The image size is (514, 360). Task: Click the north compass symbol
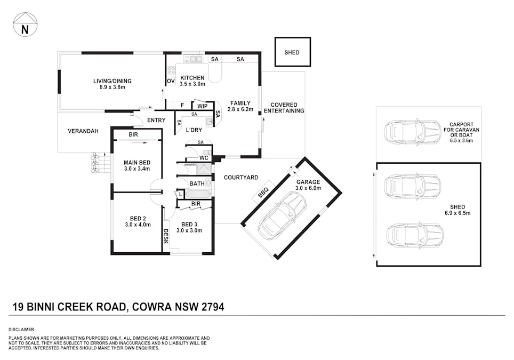point(25,24)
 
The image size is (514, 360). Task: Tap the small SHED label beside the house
point(292,52)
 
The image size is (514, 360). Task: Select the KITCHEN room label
point(192,78)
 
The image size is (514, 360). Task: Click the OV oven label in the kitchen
point(171,81)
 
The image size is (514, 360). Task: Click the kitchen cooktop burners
point(171,70)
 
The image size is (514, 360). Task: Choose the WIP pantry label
point(202,106)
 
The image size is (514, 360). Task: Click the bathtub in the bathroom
point(198,194)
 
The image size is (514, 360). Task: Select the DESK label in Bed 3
point(166,236)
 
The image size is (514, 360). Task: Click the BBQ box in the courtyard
point(263,192)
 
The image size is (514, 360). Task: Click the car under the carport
point(413,132)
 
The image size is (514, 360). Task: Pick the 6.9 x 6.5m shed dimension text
point(457,213)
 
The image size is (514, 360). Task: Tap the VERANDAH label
point(83,131)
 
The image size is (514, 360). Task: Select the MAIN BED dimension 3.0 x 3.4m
point(137,169)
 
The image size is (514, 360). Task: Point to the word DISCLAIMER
point(21,330)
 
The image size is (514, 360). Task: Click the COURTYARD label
point(241,178)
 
